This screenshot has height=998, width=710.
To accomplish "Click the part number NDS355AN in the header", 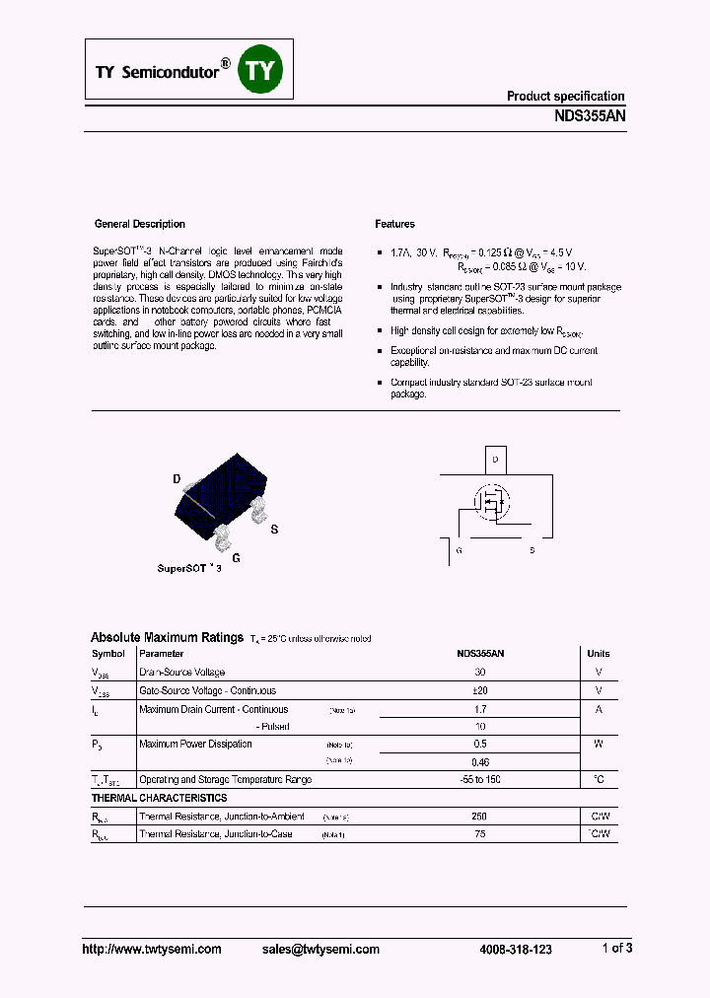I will pyautogui.click(x=590, y=115).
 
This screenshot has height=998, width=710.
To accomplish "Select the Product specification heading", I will pyautogui.click(x=565, y=96).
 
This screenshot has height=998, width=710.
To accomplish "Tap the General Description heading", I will pyautogui.click(x=139, y=224).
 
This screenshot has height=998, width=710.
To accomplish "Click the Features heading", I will pyautogui.click(x=394, y=224).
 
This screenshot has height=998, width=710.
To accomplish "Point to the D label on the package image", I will pyautogui.click(x=177, y=480).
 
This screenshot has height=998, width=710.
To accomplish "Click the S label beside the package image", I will pyautogui.click(x=274, y=530).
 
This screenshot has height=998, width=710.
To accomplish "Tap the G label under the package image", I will pyautogui.click(x=236, y=557).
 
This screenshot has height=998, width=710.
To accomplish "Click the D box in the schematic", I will pyautogui.click(x=495, y=460).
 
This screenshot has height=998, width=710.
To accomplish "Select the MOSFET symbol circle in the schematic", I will pyautogui.click(x=490, y=502).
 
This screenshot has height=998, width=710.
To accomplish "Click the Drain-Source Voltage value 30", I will pyautogui.click(x=480, y=672).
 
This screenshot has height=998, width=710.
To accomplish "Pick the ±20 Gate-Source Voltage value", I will pyautogui.click(x=480, y=690).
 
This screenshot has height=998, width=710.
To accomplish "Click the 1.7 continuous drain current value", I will pyautogui.click(x=480, y=709).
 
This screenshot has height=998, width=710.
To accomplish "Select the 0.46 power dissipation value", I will pyautogui.click(x=480, y=761).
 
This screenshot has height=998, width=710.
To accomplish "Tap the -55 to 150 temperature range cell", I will pyautogui.click(x=480, y=779).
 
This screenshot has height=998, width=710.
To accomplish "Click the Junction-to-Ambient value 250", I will pyautogui.click(x=480, y=817).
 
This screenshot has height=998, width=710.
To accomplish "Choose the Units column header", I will pyautogui.click(x=598, y=653).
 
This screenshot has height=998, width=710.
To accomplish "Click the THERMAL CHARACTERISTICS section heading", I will pyautogui.click(x=159, y=798).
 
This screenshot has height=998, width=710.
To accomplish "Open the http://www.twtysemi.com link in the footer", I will pyautogui.click(x=151, y=949).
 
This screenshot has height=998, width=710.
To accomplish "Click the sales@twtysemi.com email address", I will pyautogui.click(x=320, y=949).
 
